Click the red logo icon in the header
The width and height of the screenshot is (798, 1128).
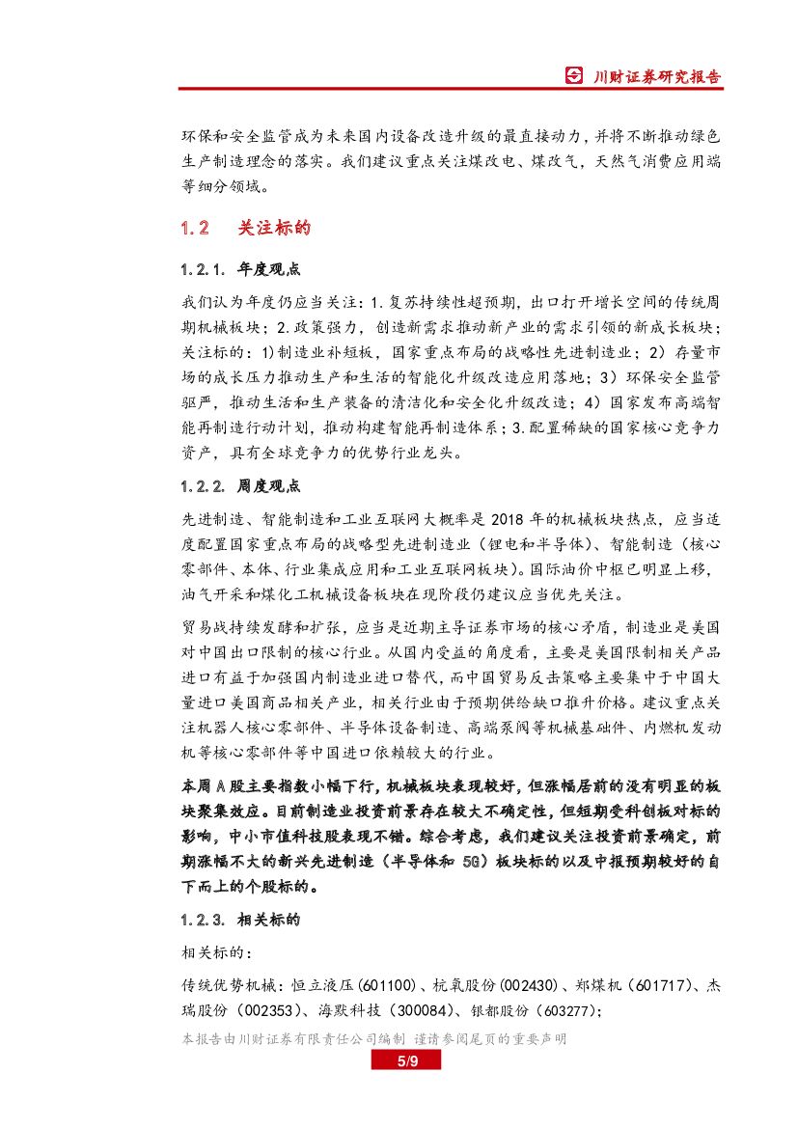[x=573, y=76]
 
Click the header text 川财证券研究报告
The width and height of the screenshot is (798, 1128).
[x=655, y=76]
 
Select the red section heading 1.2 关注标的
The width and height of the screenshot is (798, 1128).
[x=245, y=229]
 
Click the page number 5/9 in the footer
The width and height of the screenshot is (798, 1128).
[x=405, y=1061]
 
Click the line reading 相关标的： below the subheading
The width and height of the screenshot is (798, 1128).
[x=218, y=953]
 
